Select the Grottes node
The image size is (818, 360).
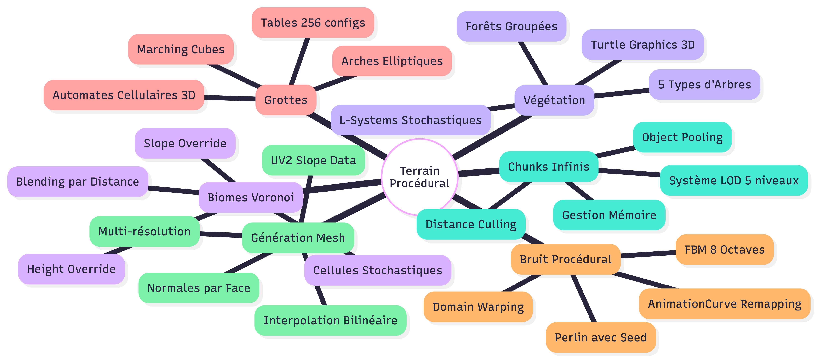(x=286, y=100)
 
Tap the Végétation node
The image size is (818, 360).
(x=554, y=100)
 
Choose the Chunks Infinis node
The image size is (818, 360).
(x=549, y=167)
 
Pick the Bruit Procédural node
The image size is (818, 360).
(x=566, y=259)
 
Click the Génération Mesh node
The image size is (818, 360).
(x=298, y=238)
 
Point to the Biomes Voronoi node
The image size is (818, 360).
(x=251, y=197)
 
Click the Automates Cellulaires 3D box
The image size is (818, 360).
(x=124, y=95)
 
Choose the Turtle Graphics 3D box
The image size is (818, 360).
(x=643, y=45)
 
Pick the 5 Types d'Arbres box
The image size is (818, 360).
(x=704, y=85)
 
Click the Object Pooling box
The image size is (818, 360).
(x=682, y=137)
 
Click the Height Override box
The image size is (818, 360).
(x=71, y=269)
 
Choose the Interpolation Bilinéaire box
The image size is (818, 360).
(x=330, y=320)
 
